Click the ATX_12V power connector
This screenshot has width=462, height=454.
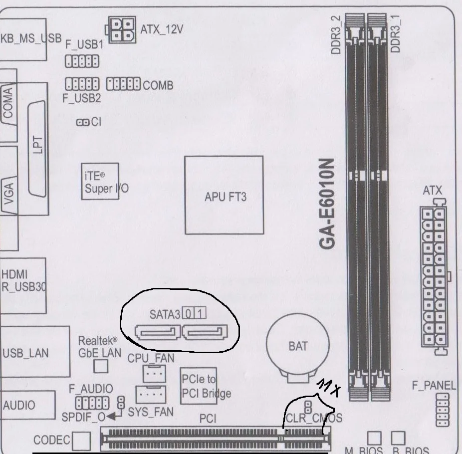pyautogui.click(x=121, y=29)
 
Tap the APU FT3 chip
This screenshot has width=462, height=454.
pyautogui.click(x=224, y=196)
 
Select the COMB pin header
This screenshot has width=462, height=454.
pyautogui.click(x=124, y=84)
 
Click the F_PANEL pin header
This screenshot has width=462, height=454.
pyautogui.click(x=442, y=409)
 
